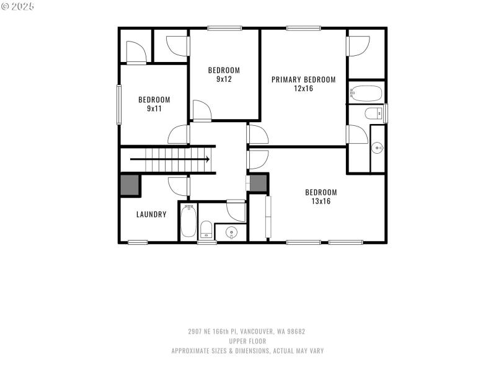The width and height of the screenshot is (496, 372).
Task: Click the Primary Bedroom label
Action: click(x=303, y=79)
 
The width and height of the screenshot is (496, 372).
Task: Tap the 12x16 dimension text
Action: click(x=303, y=88)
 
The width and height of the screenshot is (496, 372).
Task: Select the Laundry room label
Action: click(x=151, y=215)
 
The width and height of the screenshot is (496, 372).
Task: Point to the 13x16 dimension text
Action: click(x=321, y=201)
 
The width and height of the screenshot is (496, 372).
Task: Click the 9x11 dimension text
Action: click(x=154, y=108)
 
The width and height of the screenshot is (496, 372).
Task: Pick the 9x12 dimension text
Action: click(x=223, y=79)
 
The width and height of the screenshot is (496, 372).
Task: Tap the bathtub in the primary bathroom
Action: click(x=366, y=94)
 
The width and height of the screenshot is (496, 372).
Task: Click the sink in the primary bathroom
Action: click(x=377, y=148)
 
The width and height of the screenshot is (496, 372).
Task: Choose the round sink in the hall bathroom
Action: click(x=231, y=233)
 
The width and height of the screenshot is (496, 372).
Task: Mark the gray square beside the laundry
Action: click(x=130, y=185)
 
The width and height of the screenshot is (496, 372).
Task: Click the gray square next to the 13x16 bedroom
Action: click(x=258, y=183)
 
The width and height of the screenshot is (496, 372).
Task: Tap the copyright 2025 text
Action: click(x=18, y=6)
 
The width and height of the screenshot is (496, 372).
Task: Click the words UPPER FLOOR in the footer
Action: click(x=247, y=341)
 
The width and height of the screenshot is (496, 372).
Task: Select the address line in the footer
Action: click(x=247, y=332)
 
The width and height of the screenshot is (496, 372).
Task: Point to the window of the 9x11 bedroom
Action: click(x=118, y=104)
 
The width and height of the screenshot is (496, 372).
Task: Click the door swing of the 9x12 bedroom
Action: click(x=201, y=111)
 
